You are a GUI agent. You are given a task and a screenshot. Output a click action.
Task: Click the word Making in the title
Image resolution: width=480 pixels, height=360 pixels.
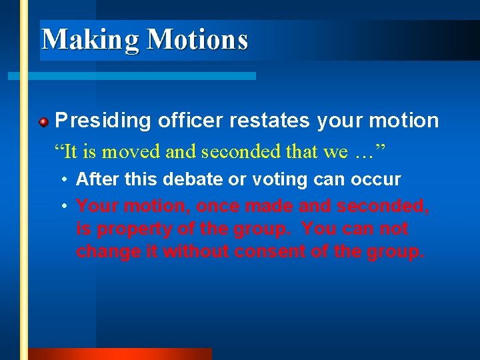pyautogui.click(x=91, y=39)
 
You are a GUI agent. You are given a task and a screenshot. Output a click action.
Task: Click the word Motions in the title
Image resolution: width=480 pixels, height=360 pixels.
pyautogui.click(x=197, y=39)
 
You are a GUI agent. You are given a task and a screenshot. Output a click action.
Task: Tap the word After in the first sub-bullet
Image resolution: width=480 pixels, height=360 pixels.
pyautogui.click(x=93, y=179)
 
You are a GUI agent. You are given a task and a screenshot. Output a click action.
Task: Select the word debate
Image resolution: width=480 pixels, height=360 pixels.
pyautogui.click(x=183, y=179)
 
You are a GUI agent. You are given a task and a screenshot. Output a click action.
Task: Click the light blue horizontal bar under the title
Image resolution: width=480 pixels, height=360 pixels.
pyautogui.click(x=133, y=76)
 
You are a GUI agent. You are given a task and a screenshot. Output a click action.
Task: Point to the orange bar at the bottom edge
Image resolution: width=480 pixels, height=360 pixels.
pyautogui.click(x=120, y=354)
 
